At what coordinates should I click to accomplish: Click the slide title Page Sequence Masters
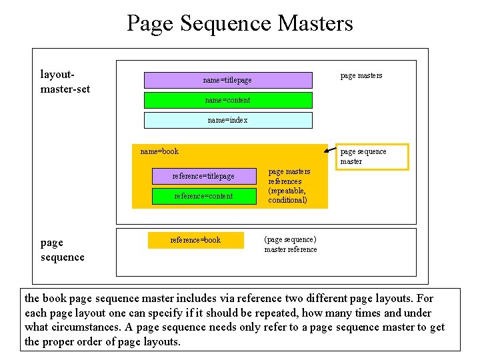tap(239, 24)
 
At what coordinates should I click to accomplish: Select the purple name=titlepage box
tap(228, 80)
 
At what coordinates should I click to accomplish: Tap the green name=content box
tap(228, 100)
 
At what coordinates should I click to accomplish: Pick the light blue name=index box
tap(228, 120)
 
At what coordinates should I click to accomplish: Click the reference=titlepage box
tap(203, 176)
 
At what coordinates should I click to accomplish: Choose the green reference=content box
tap(203, 196)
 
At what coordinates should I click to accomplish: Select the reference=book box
tap(195, 240)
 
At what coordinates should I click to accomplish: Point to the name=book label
tap(159, 151)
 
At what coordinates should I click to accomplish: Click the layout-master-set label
tap(65, 82)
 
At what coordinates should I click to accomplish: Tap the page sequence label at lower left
tap(62, 249)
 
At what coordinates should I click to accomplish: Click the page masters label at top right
tap(361, 75)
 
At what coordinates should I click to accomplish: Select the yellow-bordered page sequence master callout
tap(371, 157)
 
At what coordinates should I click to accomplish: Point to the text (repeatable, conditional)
tap(288, 195)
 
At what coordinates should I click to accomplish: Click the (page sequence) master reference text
tap(291, 244)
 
